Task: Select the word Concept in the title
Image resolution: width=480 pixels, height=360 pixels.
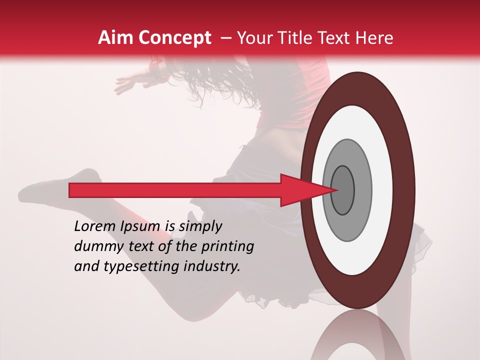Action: pyautogui.click(x=174, y=38)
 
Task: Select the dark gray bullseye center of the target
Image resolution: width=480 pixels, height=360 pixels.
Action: pyautogui.click(x=342, y=190)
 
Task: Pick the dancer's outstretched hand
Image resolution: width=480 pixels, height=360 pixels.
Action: pyautogui.click(x=125, y=84)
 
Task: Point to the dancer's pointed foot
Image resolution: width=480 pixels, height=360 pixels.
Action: pyautogui.click(x=30, y=192)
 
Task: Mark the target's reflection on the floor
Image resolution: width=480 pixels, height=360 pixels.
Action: pyautogui.click(x=357, y=337)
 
